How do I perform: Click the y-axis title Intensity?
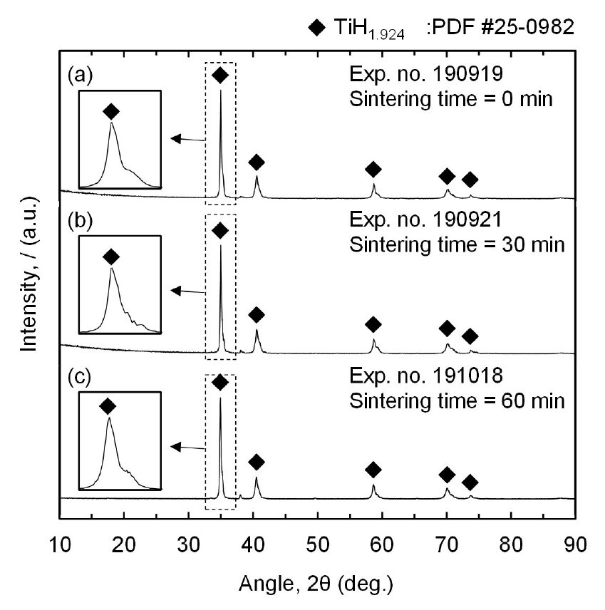31,278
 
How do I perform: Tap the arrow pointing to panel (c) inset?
187,446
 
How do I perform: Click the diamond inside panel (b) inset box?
111,257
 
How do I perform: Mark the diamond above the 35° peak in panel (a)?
220,76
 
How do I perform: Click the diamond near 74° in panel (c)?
470,482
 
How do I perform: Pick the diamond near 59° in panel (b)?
373,324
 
